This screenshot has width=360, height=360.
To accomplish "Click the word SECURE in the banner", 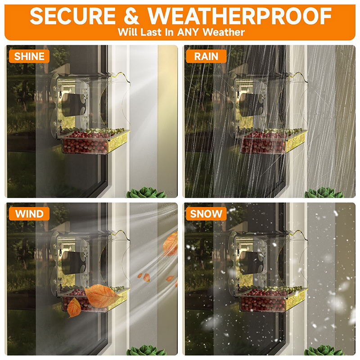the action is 72,16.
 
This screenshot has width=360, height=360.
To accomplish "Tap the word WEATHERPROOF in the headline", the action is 239,16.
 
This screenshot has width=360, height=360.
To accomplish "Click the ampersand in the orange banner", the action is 131,16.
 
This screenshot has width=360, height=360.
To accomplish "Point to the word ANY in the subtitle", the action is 188,32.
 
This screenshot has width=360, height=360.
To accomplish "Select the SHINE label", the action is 29,56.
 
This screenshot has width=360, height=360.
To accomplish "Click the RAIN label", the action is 206,56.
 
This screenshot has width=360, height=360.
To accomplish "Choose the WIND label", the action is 29,214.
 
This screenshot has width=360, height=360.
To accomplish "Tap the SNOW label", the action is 206,214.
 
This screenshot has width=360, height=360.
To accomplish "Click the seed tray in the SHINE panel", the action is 94,142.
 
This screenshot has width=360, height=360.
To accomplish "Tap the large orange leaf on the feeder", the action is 102,296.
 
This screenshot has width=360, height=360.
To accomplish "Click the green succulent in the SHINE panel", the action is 146,193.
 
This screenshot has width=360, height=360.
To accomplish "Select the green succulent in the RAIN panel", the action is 324,193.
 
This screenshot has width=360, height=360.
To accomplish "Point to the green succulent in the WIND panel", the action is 146,351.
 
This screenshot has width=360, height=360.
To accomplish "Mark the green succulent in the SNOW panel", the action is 324,351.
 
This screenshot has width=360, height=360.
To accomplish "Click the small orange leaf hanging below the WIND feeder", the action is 74,308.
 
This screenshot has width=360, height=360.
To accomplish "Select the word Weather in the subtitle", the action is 224,32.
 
